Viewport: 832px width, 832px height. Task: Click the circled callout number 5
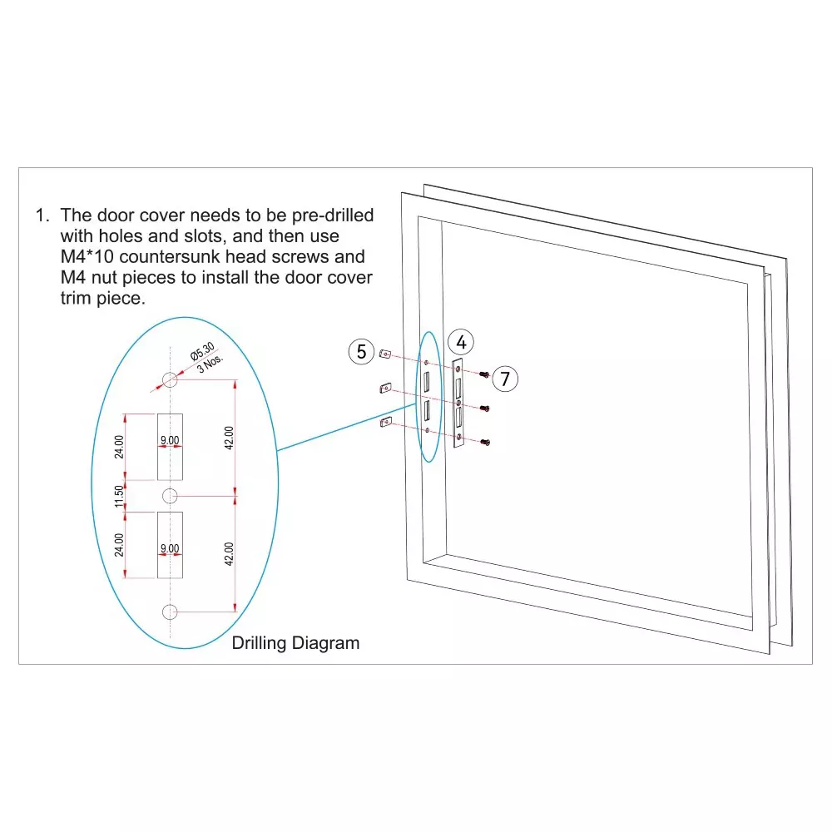361,352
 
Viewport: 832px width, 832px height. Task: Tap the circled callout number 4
461,342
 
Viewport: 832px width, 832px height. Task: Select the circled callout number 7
505,379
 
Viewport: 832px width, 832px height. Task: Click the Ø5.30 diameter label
201,351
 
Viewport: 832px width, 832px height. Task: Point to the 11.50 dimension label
119,496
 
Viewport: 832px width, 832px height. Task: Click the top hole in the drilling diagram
170,379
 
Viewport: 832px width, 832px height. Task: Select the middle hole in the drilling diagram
170,496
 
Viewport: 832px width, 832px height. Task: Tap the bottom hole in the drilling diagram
170,612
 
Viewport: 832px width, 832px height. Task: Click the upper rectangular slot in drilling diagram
170,447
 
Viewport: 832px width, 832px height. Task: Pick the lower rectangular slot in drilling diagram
170,545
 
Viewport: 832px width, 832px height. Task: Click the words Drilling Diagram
295,643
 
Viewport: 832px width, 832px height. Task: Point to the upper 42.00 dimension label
229,438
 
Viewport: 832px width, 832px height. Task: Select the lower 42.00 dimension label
229,554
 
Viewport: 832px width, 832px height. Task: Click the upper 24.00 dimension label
119,447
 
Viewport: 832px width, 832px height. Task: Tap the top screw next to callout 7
484,374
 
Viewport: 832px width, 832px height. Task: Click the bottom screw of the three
485,442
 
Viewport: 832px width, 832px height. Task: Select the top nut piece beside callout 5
385,354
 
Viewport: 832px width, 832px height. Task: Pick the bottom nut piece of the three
386,423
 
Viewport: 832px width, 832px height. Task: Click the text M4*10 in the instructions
87,257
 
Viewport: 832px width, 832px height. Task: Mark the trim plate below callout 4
458,404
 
